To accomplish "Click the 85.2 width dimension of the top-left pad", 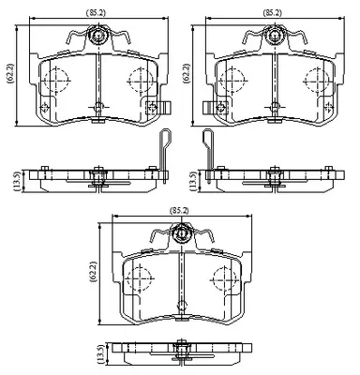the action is [x=97, y=13].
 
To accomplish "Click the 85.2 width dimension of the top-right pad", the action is [x=272, y=13].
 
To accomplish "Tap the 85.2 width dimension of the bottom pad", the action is [x=179, y=211].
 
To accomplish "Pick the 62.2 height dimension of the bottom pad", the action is [x=93, y=272].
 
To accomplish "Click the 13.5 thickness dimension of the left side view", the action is [x=18, y=181].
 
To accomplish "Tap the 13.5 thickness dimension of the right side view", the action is [x=194, y=181].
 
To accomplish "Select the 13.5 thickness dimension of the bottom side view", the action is [x=100, y=353].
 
